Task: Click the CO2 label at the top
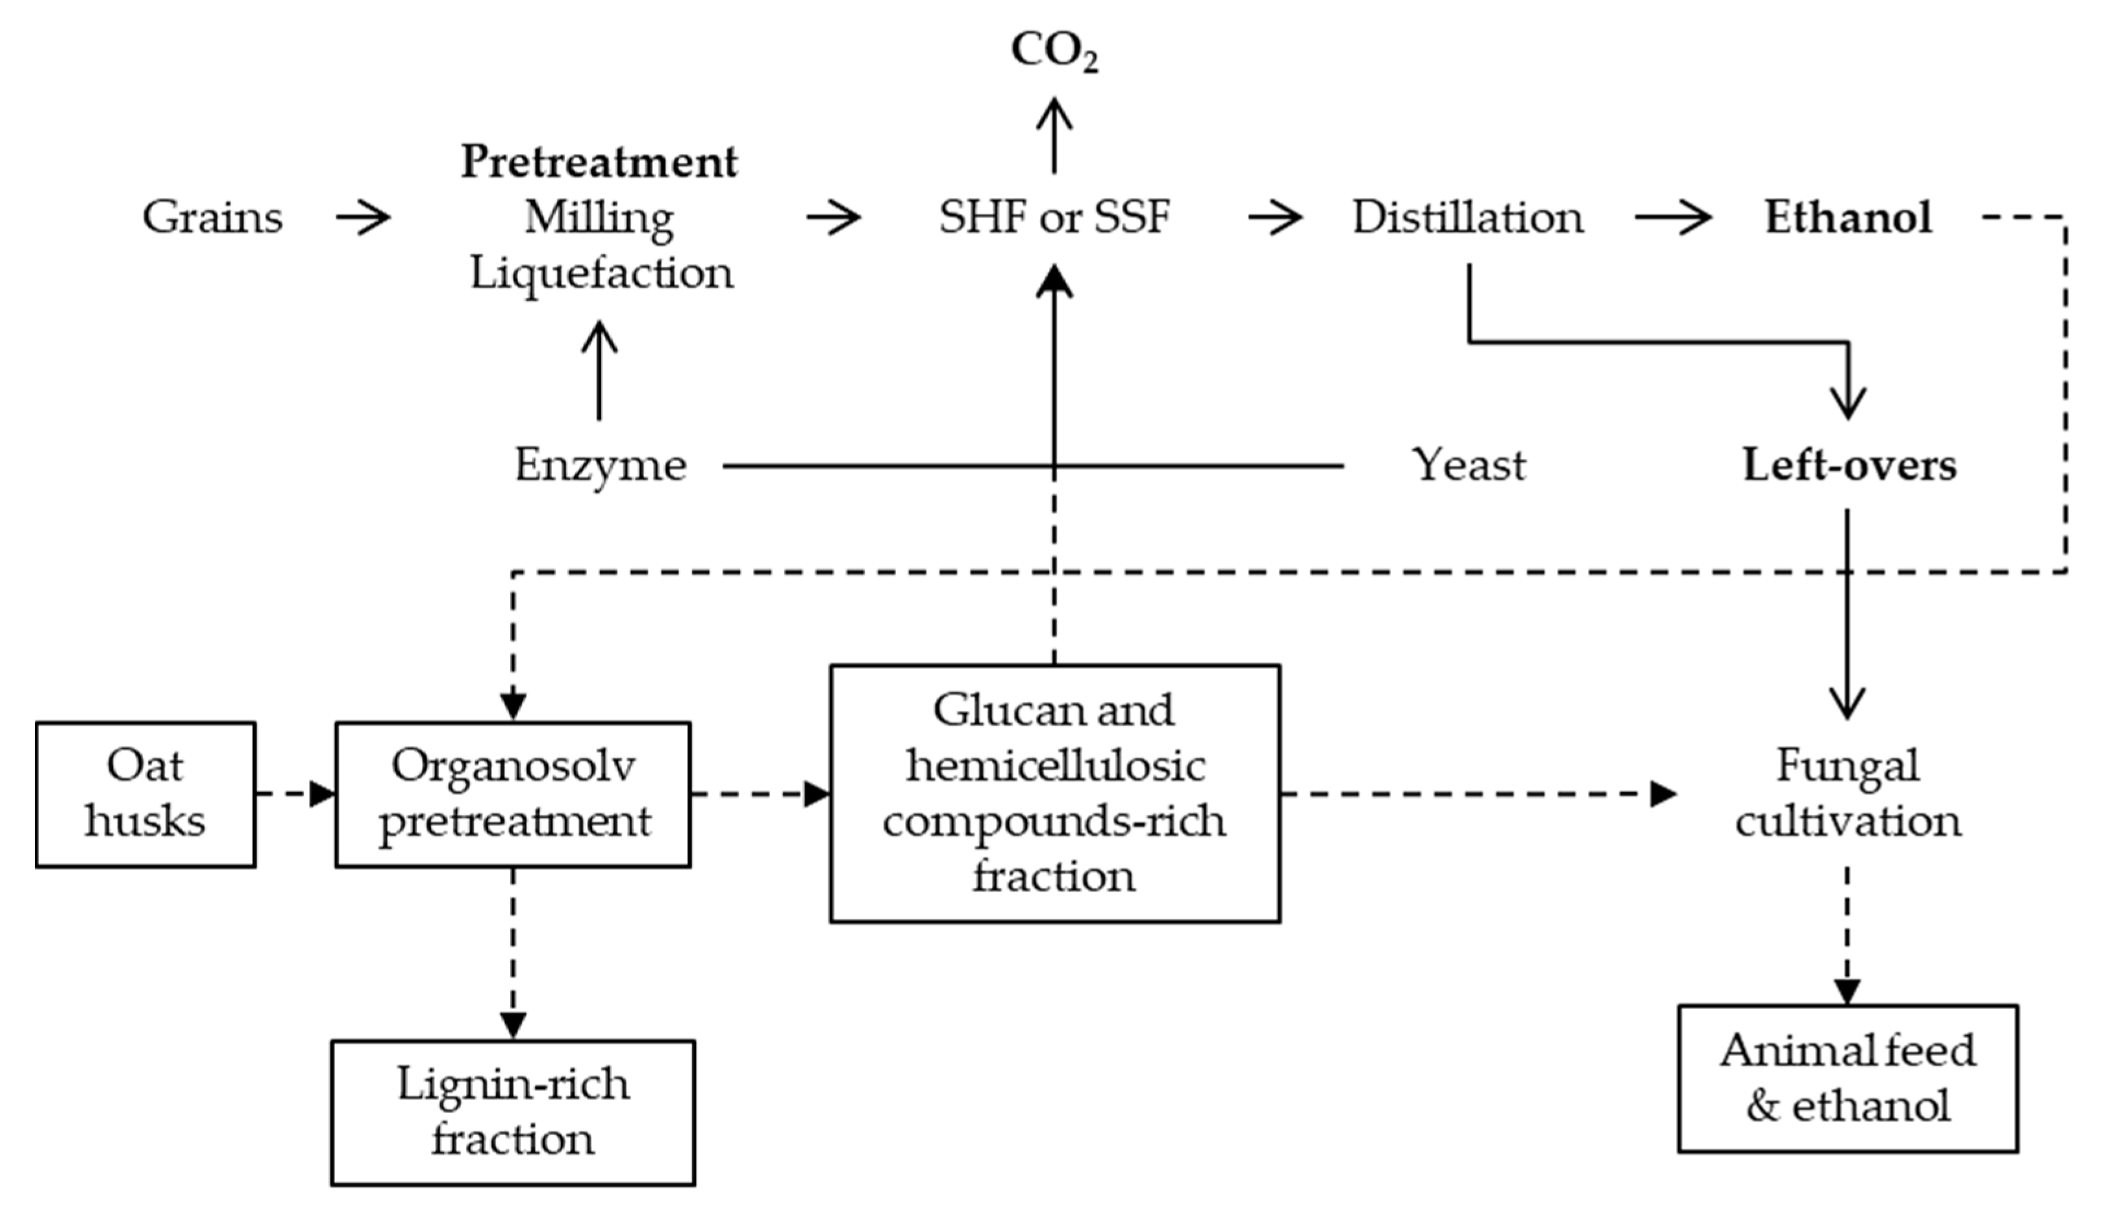pyautogui.click(x=1054, y=52)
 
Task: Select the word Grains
pyautogui.click(x=213, y=218)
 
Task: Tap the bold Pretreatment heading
pyautogui.click(x=599, y=162)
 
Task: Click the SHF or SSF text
pyautogui.click(x=1054, y=218)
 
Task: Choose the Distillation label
pyautogui.click(x=1467, y=218)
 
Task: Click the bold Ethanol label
pyautogui.click(x=1848, y=218)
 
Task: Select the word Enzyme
pyautogui.click(x=600, y=465)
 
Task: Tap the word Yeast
pyautogui.click(x=1468, y=465)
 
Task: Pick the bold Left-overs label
pyautogui.click(x=1849, y=465)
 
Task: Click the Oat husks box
pyautogui.click(x=145, y=794)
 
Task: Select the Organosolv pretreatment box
pyautogui.click(x=513, y=794)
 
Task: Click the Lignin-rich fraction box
pyautogui.click(x=513, y=1112)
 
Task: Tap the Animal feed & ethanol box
pyautogui.click(x=1848, y=1078)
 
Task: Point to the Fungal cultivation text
pyautogui.click(x=1848, y=794)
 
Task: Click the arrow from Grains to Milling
pyautogui.click(x=363, y=218)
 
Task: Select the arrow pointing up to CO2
pyautogui.click(x=1054, y=136)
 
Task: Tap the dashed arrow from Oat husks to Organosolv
pyautogui.click(x=295, y=794)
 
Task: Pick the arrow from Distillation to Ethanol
pyautogui.click(x=1672, y=218)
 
